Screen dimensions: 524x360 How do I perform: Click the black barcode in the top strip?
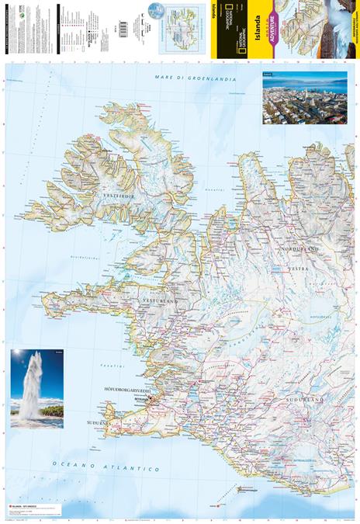point(113,28)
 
